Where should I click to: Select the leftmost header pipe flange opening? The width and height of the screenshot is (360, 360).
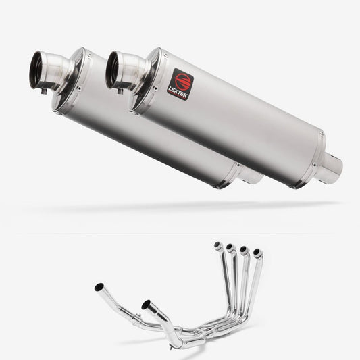(217, 245)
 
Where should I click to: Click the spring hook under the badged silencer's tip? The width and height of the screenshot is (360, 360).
(122, 90)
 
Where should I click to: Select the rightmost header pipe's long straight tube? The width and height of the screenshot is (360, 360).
(253, 290)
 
